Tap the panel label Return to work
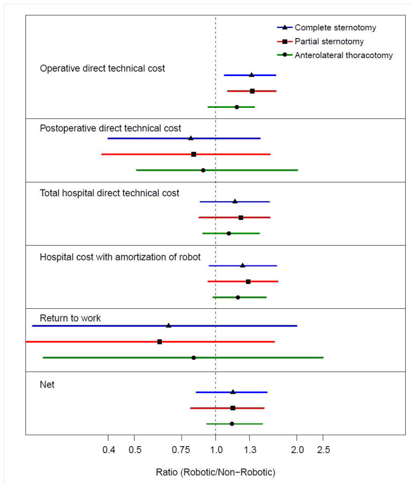(70, 318)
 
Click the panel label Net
(47, 384)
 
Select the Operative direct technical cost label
(102, 69)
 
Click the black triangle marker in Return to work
(169, 325)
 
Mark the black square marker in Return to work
(160, 342)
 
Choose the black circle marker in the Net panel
(232, 424)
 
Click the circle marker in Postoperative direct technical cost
(203, 170)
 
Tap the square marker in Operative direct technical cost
(252, 91)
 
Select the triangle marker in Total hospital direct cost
(235, 202)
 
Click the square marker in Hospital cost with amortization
(248, 281)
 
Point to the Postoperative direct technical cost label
(110, 128)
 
